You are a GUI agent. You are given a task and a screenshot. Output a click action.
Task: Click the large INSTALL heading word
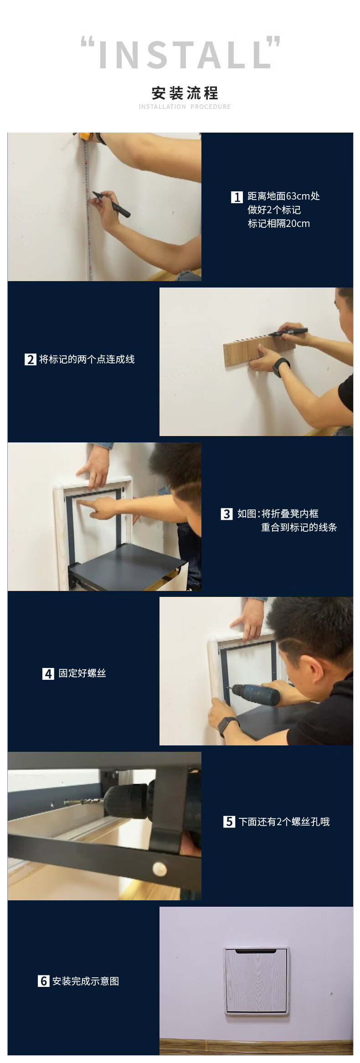click(184, 55)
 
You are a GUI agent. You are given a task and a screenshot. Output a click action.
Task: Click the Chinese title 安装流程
click(185, 93)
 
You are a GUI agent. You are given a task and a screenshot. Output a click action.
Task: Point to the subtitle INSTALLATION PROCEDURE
click(185, 107)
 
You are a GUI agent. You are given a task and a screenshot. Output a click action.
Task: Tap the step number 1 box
click(237, 197)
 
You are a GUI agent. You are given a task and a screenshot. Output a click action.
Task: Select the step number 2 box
click(30, 359)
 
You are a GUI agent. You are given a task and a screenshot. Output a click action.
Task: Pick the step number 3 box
click(226, 514)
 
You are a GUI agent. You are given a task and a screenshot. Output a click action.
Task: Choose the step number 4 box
click(48, 673)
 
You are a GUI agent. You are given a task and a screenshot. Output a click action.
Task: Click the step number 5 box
click(229, 822)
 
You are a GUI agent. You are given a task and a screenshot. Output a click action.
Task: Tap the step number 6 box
click(43, 981)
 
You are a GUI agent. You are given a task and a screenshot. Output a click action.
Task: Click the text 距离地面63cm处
click(283, 196)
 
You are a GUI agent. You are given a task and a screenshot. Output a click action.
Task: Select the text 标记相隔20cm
click(278, 224)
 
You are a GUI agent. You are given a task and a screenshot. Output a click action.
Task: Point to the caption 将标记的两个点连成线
click(87, 359)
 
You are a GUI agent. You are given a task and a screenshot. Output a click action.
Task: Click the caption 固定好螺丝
click(82, 673)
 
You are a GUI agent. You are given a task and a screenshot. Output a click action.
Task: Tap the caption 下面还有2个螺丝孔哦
click(284, 822)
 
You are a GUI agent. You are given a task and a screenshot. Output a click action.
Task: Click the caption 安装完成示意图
click(86, 981)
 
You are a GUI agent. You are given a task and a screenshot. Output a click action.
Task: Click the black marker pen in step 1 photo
click(111, 204)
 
